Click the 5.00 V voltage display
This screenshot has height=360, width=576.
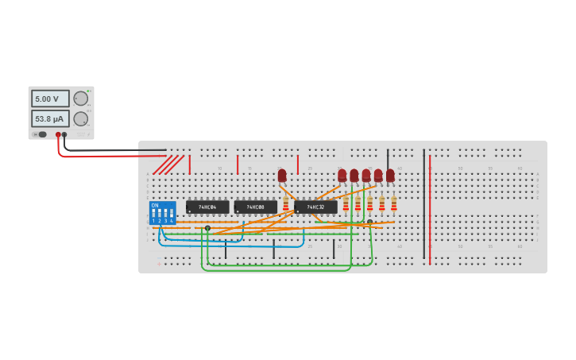click(50, 99)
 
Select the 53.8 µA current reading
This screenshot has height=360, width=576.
click(50, 118)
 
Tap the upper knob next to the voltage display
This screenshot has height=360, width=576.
click(81, 99)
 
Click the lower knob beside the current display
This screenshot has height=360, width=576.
click(81, 118)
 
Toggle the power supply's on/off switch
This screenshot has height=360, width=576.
click(41, 134)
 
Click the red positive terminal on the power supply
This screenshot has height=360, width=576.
click(58, 135)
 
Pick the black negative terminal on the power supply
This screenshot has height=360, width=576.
click(64, 135)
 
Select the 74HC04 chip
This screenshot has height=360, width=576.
click(207, 207)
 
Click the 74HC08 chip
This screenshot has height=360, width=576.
click(255, 207)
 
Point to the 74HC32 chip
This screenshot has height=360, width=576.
click(315, 207)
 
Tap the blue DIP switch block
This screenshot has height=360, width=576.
click(162, 213)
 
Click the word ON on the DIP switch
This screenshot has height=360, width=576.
click(154, 206)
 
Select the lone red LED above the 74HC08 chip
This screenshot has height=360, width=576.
click(282, 175)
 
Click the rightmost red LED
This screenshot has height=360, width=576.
click(390, 175)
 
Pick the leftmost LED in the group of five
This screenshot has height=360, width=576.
click(342, 175)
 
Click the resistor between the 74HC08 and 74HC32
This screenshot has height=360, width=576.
click(286, 204)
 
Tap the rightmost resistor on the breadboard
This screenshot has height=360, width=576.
click(393, 203)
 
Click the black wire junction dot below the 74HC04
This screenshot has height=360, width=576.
click(207, 228)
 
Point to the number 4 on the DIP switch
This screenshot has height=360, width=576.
click(172, 220)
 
